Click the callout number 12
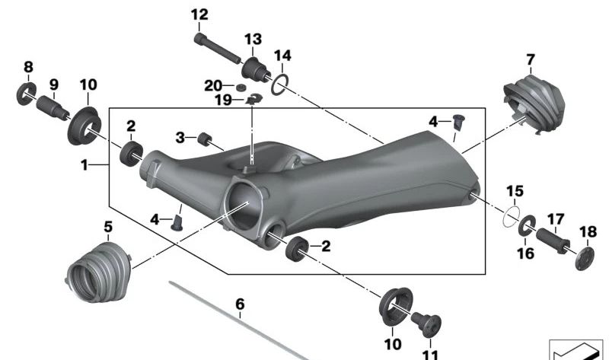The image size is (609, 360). coord(199,14)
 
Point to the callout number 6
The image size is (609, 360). coord(240,304)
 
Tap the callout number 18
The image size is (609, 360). coord(588,231)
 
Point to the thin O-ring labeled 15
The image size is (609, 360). coord(512,216)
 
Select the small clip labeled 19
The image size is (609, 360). coord(254,97)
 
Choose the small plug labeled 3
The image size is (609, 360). coord(204,139)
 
